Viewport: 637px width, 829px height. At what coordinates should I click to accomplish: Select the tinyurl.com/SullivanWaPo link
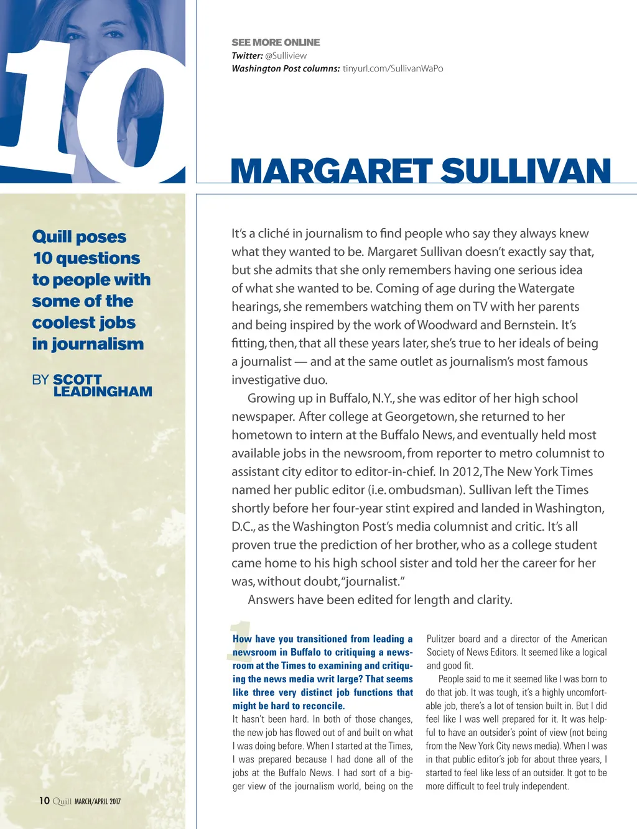point(393,68)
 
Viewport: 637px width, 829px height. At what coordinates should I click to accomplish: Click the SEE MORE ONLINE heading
point(276,42)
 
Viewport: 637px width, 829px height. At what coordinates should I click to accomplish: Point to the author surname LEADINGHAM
point(103,392)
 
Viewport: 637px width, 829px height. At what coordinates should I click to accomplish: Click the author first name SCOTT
point(77,379)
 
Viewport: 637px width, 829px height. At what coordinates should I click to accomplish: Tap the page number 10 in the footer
point(44,800)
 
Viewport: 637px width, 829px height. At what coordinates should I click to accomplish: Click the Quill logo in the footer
point(62,801)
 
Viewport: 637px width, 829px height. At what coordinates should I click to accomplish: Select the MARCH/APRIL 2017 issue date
point(98,802)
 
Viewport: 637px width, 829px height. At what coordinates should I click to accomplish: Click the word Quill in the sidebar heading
point(52,237)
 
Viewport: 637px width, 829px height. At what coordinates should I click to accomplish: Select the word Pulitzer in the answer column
point(440,639)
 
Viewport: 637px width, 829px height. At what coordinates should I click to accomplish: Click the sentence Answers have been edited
point(379,600)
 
